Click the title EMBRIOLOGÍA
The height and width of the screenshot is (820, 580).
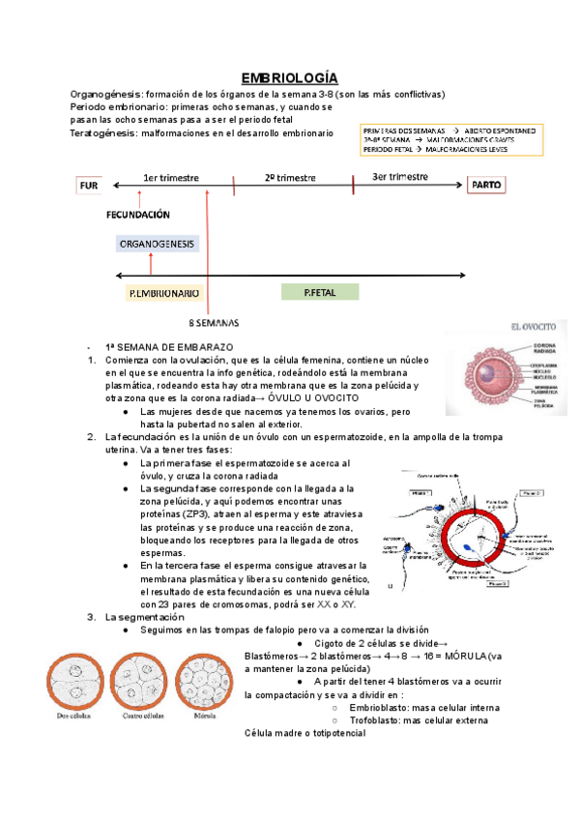click(x=289, y=77)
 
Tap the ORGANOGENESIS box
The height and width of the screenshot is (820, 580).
click(x=158, y=244)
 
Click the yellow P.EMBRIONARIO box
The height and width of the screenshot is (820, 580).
click(x=163, y=292)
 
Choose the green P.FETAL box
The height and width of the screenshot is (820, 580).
click(x=319, y=291)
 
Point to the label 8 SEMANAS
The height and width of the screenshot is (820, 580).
click(x=213, y=322)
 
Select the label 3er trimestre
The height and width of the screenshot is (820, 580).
click(x=399, y=176)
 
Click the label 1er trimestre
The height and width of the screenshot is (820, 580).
click(x=171, y=178)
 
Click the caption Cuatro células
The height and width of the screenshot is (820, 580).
click(x=141, y=717)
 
